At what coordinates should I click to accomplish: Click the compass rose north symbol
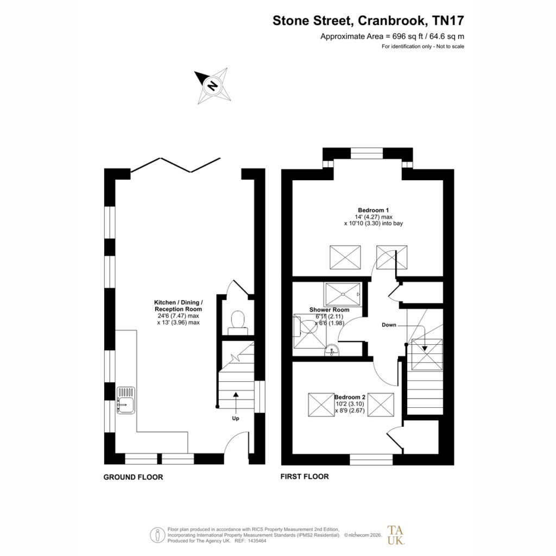coord(213,86)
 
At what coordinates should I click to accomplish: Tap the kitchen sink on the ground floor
coord(126,400)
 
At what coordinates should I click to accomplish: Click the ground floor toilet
coord(238,323)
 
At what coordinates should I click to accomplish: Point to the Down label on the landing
coord(389,325)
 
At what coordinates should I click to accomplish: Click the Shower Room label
coord(330,310)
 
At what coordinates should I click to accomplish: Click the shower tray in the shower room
coord(343,294)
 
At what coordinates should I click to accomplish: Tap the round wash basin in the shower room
coord(332,350)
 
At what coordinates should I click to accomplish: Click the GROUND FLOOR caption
coord(134,477)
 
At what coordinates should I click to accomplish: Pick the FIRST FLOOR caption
coord(305,477)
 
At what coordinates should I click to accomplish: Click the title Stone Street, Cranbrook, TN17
coord(368,21)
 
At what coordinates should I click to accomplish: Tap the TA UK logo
coord(396,535)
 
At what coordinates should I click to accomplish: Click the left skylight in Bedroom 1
coord(345,257)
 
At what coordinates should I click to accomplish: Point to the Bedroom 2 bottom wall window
coord(371,459)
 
